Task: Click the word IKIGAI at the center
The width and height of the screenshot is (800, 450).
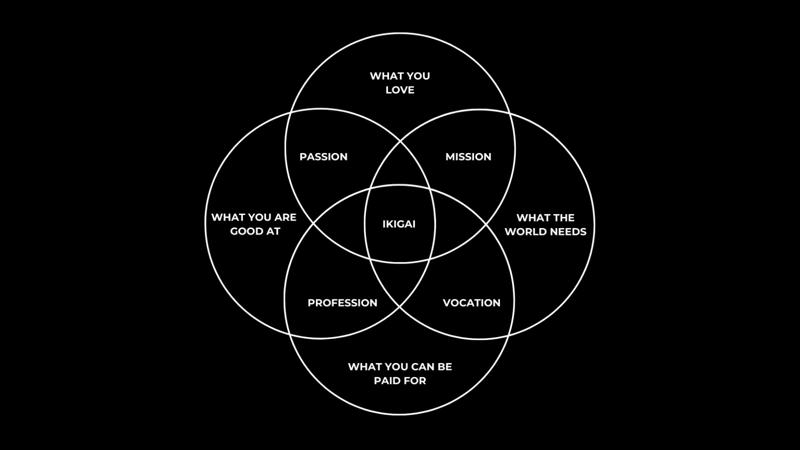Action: pyautogui.click(x=399, y=224)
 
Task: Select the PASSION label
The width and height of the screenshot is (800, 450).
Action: pyautogui.click(x=323, y=157)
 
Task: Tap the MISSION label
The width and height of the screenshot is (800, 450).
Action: pyautogui.click(x=468, y=157)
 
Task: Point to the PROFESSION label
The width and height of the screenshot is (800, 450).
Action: pyautogui.click(x=342, y=303)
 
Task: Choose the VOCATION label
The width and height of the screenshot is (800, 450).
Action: pyautogui.click(x=471, y=303)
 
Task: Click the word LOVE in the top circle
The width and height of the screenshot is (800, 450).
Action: pyautogui.click(x=400, y=90)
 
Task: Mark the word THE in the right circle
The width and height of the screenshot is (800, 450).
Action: pyautogui.click(x=563, y=218)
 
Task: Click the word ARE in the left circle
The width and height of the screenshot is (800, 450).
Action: pyautogui.click(x=285, y=217)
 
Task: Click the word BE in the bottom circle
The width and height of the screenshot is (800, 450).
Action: pyautogui.click(x=445, y=367)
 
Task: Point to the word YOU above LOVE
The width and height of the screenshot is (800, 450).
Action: pyautogui.click(x=418, y=76)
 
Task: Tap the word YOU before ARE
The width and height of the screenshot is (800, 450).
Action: pyautogui.click(x=259, y=217)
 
